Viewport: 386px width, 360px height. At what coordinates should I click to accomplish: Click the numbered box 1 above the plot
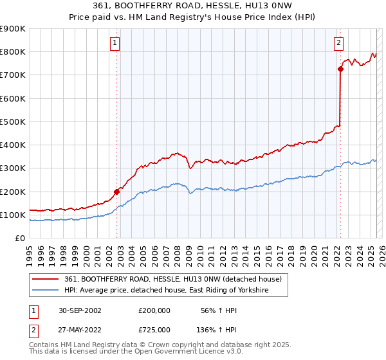click(115, 43)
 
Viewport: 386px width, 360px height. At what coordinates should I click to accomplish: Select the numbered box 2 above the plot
click(338, 43)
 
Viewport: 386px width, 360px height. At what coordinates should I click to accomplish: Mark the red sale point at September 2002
click(116, 192)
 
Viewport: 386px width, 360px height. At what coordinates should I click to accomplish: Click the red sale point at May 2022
click(340, 69)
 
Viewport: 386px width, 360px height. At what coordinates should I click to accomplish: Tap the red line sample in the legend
click(46, 280)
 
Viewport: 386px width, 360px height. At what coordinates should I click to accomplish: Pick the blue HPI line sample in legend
click(46, 291)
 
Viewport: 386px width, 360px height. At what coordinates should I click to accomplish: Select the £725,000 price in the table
click(154, 329)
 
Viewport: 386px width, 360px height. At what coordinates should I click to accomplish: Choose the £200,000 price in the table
click(154, 310)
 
